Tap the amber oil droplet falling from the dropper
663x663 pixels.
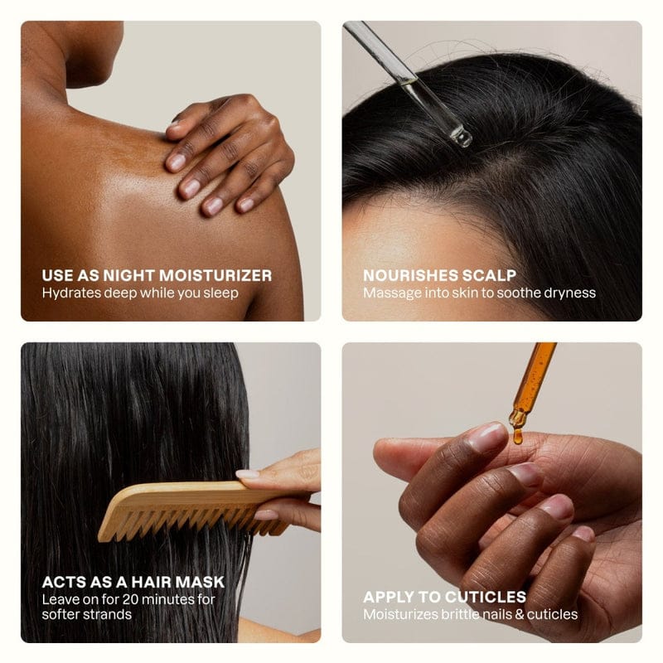[517, 436]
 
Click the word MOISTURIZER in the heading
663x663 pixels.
[215, 276]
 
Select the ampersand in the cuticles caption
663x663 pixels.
[520, 614]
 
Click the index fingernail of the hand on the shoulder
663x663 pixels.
[176, 162]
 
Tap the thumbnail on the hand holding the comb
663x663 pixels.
[247, 474]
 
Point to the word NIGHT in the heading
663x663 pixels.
[130, 276]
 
